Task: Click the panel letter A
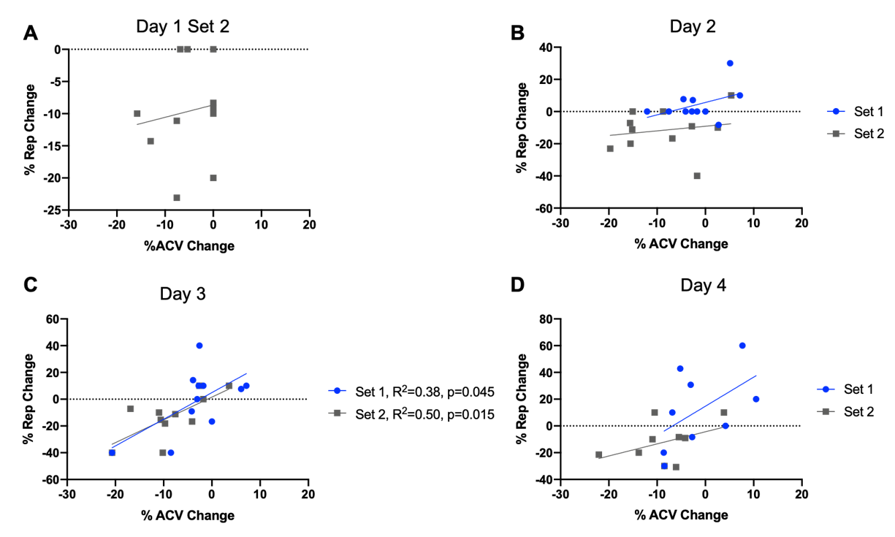coord(30,34)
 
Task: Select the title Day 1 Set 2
coord(188,27)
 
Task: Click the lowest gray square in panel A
coord(177,197)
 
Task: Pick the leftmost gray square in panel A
coord(137,113)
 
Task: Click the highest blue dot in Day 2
coord(730,63)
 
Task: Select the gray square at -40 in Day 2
coord(697,175)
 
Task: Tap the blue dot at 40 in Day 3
coord(199,346)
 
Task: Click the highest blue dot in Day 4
coord(742,346)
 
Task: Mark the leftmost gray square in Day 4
coord(598,454)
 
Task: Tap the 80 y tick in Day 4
coord(543,319)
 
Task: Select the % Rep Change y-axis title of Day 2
coord(522,129)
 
